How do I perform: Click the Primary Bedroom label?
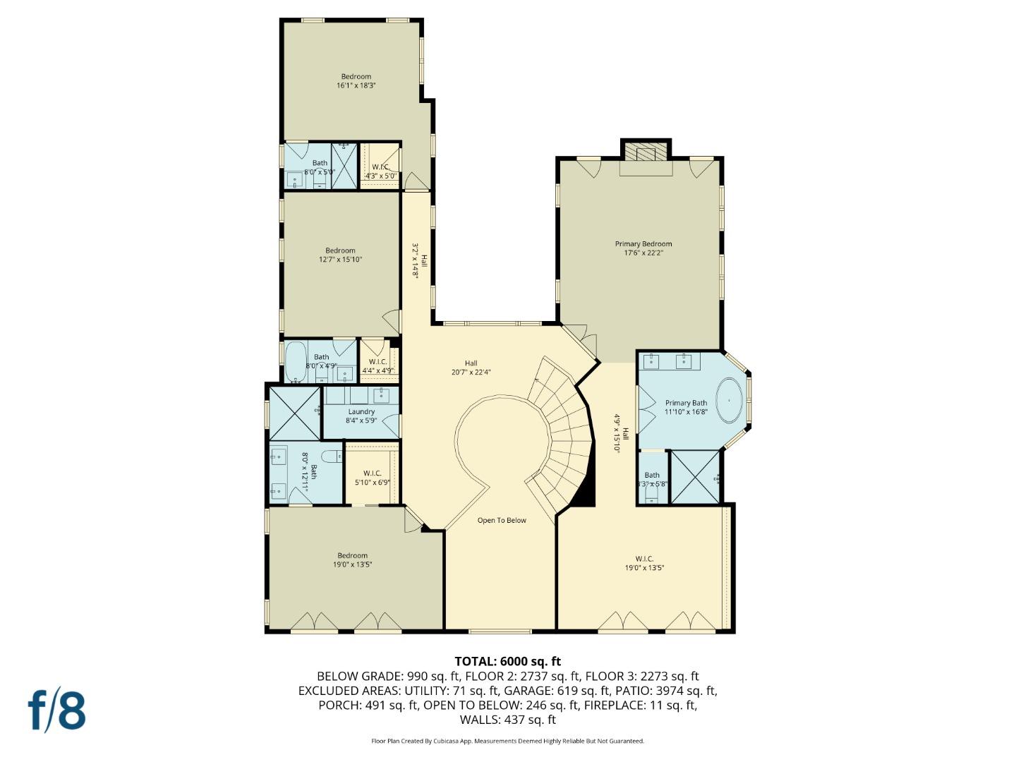click(643, 248)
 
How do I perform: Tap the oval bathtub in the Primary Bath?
click(729, 401)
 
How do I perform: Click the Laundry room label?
click(361, 416)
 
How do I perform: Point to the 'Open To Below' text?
click(502, 521)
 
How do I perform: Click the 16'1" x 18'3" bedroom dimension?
click(356, 85)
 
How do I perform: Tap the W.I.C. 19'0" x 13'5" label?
click(644, 563)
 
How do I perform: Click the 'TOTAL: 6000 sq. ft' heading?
click(507, 661)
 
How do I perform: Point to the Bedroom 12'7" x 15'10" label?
click(340, 255)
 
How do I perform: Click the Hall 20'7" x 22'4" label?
click(471, 368)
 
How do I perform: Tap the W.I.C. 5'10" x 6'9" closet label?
click(372, 478)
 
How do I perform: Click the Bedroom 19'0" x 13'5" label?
click(352, 560)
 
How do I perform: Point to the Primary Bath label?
click(685, 407)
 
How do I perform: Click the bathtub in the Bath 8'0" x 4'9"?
click(294, 362)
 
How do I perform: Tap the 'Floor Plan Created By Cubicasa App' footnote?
click(507, 741)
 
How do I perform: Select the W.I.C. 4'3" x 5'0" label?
click(380, 171)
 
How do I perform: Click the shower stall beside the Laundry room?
click(293, 413)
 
